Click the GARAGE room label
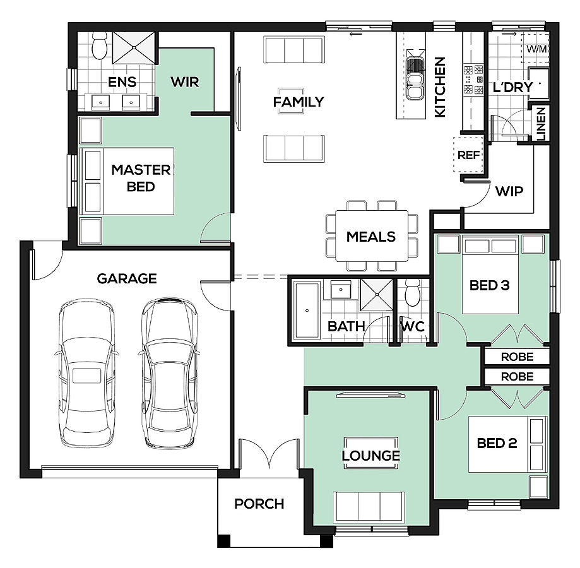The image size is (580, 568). [127, 278]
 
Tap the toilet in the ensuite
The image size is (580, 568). [99, 46]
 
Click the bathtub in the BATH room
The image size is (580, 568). [307, 311]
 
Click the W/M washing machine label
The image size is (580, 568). [536, 49]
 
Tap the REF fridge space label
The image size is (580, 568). [469, 155]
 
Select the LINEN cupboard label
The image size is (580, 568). [541, 124]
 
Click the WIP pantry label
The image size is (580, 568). [509, 191]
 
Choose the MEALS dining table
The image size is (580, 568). [372, 236]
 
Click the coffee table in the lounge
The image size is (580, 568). [371, 453]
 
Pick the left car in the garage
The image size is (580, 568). [87, 374]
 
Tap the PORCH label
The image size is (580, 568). [259, 504]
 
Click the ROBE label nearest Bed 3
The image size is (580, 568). [517, 357]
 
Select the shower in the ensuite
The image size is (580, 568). [134, 48]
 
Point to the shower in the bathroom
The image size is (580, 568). [377, 295]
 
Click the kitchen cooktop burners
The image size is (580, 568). [474, 80]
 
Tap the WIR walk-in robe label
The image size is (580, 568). [185, 81]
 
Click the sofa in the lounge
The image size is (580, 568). [369, 507]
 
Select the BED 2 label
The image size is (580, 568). [497, 443]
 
